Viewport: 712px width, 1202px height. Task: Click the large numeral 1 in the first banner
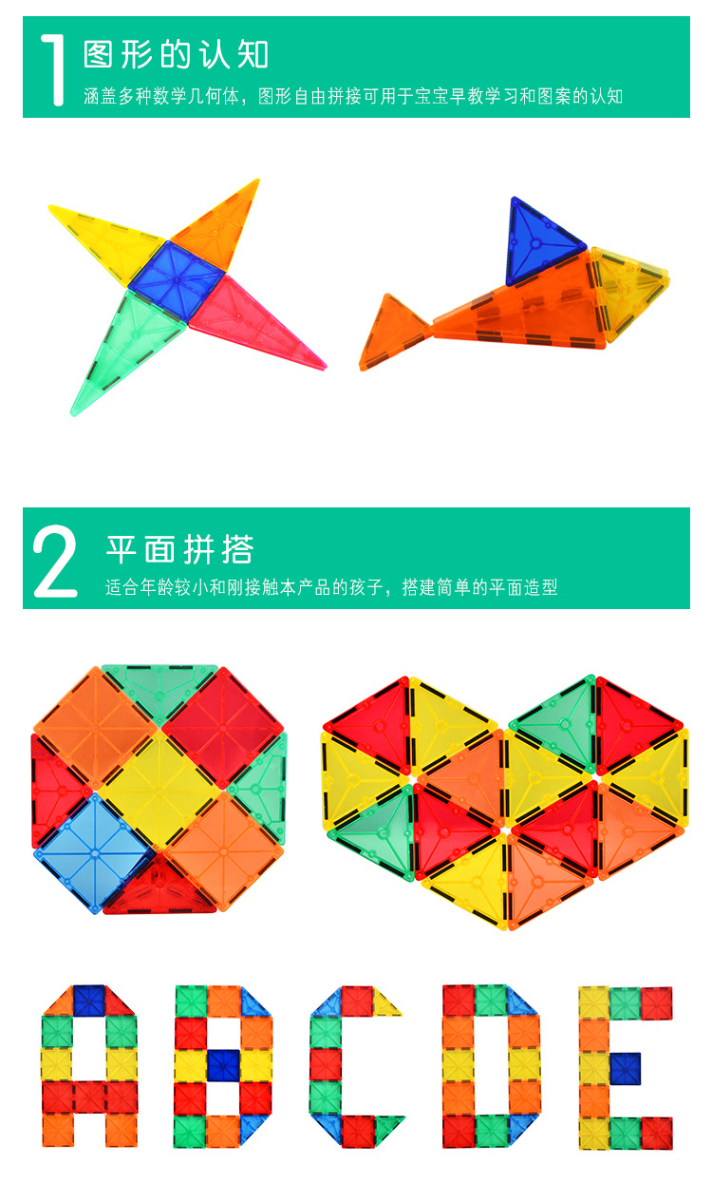click(52, 69)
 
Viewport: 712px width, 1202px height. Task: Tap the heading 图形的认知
click(176, 54)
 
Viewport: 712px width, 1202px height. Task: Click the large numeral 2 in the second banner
click(55, 562)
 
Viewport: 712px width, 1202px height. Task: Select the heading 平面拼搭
click(180, 549)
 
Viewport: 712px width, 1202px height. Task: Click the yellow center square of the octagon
click(159, 791)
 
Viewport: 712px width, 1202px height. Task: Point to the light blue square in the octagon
click(95, 853)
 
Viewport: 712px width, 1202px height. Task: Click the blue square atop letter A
click(89, 1001)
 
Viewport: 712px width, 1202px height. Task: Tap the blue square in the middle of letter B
click(223, 1064)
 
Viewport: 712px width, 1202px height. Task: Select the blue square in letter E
click(626, 1069)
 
